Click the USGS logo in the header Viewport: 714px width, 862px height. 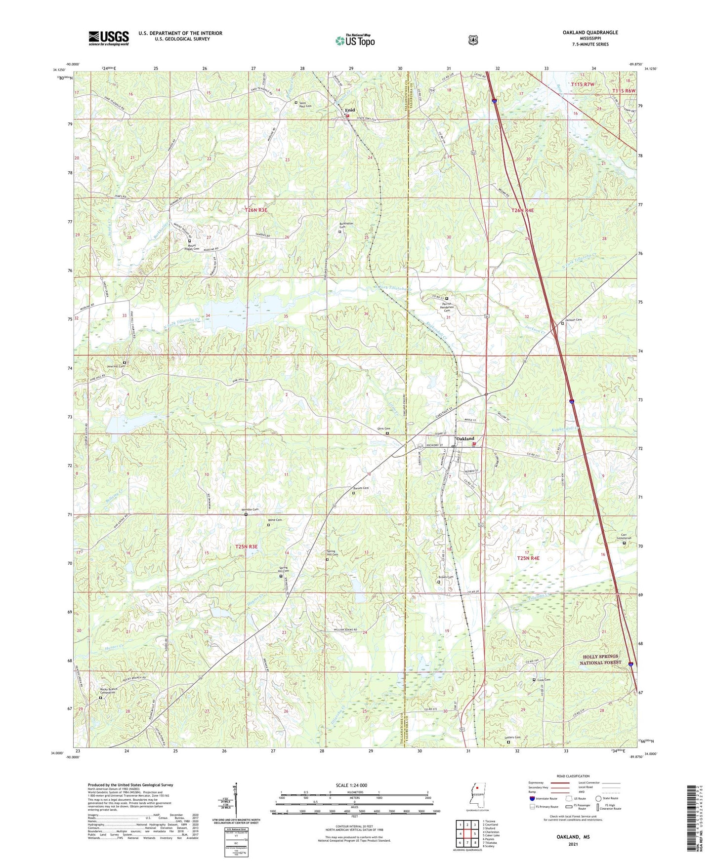[x=108, y=38]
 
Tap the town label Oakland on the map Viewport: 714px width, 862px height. [x=465, y=438]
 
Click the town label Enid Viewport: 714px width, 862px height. [x=350, y=110]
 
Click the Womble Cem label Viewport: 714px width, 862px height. [x=250, y=509]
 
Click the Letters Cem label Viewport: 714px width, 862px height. [x=512, y=738]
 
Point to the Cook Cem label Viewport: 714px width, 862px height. [x=544, y=679]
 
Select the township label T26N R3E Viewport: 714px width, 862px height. [x=256, y=210]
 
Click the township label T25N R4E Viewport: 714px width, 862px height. [x=528, y=558]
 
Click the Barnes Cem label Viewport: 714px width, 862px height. [x=360, y=488]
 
